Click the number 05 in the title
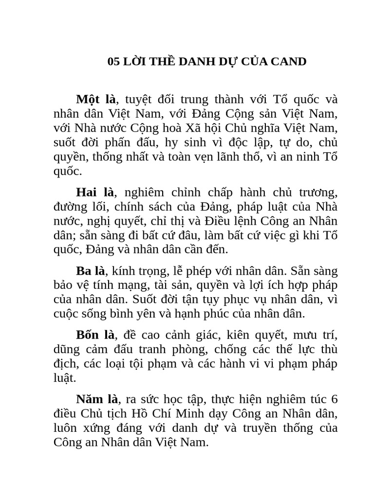(x=113, y=62)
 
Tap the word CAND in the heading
(x=289, y=62)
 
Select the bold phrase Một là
(x=95, y=100)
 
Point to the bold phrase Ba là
(x=91, y=270)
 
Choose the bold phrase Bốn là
(x=95, y=335)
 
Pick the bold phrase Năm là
(x=97, y=399)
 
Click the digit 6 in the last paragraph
(x=334, y=400)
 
